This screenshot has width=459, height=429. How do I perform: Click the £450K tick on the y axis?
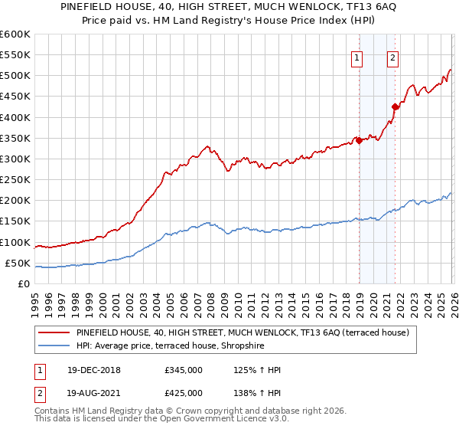(x=15, y=97)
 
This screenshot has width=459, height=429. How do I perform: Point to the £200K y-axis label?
(x=15, y=201)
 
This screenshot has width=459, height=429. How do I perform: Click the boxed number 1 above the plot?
(x=357, y=57)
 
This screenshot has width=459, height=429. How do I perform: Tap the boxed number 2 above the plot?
(x=392, y=57)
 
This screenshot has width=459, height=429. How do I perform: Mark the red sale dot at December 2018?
(x=358, y=140)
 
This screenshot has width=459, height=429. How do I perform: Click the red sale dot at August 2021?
(x=395, y=106)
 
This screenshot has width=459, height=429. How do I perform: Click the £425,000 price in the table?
(x=184, y=393)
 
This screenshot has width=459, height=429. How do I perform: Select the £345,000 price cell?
(x=184, y=371)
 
